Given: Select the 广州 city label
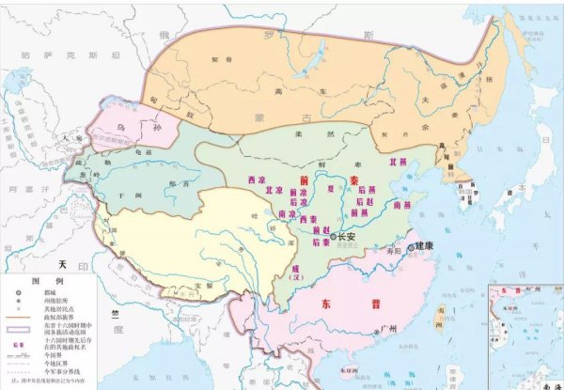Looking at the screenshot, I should pos(381,331).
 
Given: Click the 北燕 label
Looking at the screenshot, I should pos(411,162).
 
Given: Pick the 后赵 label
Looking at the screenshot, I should pos(367,201).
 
